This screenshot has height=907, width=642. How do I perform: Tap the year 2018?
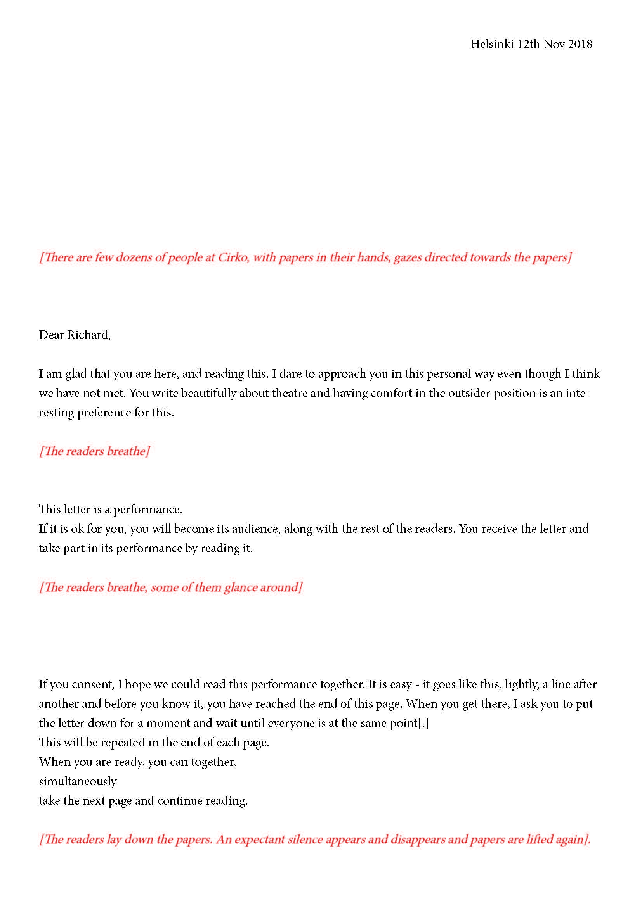click(580, 44)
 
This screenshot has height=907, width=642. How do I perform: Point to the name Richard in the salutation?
click(88, 335)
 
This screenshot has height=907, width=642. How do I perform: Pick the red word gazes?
click(407, 257)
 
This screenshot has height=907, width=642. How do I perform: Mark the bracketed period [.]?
click(423, 723)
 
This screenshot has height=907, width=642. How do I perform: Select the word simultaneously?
click(78, 781)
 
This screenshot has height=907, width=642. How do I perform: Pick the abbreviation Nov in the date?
click(554, 44)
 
